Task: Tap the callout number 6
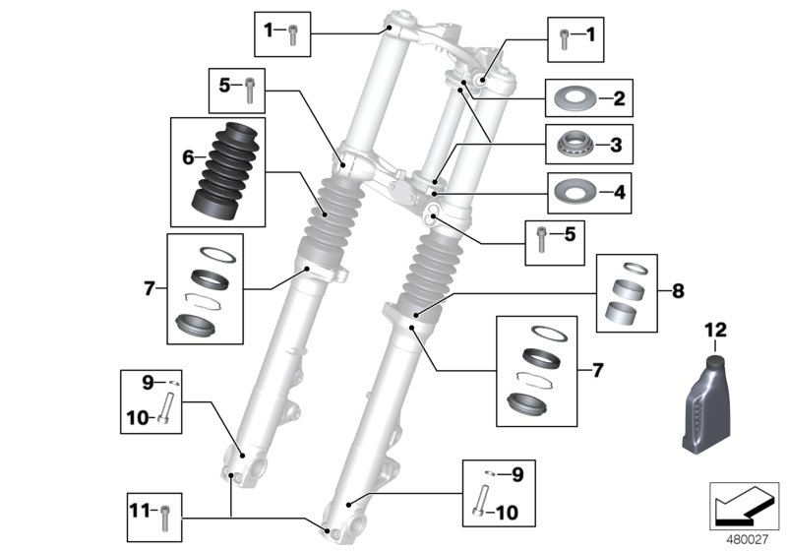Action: [x=186, y=156]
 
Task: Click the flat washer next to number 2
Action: [x=570, y=98]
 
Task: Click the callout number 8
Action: [x=677, y=291]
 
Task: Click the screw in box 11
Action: [x=165, y=512]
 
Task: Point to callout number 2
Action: [x=618, y=98]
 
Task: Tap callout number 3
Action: [x=617, y=145]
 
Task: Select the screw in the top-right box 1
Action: [x=563, y=38]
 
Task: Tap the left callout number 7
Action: [x=150, y=288]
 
